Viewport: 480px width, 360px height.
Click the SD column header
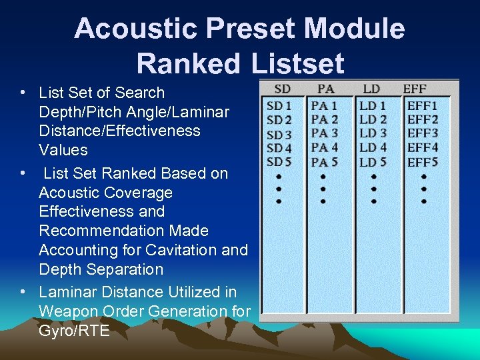(282, 89)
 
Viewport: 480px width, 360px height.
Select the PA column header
(326, 89)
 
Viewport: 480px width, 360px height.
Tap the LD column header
(371, 89)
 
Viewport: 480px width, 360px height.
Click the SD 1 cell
(279, 105)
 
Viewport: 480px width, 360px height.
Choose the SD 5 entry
(279, 162)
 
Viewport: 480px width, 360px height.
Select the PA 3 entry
(325, 133)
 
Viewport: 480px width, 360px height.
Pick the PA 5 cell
(325, 162)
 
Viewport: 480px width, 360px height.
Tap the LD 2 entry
(373, 119)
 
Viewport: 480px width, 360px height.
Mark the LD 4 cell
(373, 147)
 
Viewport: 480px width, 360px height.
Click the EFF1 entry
(423, 105)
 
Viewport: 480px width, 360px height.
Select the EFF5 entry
(423, 162)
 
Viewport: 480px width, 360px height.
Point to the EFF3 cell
(423, 133)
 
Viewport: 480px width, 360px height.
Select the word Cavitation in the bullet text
(182, 250)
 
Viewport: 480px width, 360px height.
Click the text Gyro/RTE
(74, 330)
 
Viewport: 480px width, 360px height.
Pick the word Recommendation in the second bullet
(123, 231)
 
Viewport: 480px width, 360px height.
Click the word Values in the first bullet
(63, 149)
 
